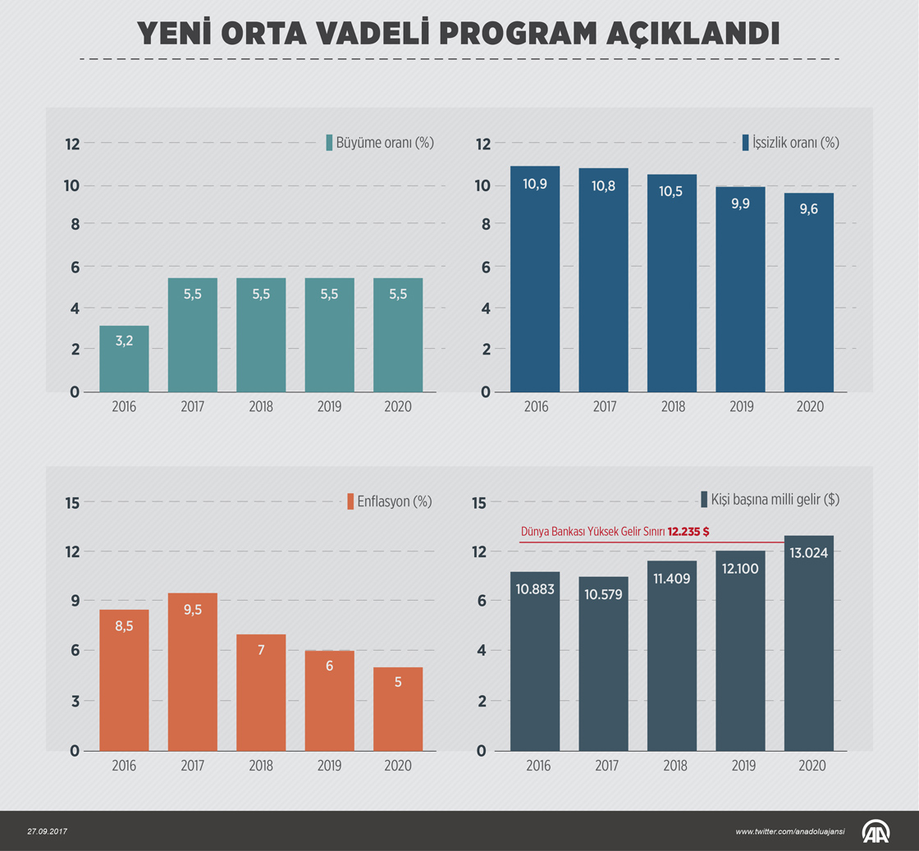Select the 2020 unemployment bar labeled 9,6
point(808,292)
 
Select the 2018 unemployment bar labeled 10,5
point(671,283)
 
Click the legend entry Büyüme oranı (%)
point(379,142)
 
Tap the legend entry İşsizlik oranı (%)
point(790,142)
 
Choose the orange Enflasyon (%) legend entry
point(389,501)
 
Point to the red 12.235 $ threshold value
point(688,532)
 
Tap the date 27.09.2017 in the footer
point(47,831)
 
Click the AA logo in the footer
point(878,831)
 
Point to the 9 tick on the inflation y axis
point(74,601)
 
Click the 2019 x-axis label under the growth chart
point(329,406)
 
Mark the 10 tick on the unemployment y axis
point(484,185)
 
